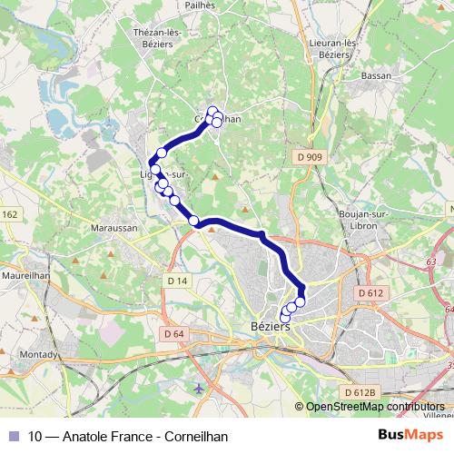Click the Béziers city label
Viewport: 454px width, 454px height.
(x=269, y=327)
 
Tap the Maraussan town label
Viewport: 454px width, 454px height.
(x=113, y=228)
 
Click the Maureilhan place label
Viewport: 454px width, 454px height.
(x=29, y=271)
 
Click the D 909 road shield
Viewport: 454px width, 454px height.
(x=311, y=157)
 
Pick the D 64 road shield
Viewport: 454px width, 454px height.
(x=173, y=334)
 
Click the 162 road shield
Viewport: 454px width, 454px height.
(x=9, y=214)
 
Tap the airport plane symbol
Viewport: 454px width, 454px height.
(x=199, y=389)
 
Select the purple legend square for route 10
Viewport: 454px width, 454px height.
(x=14, y=436)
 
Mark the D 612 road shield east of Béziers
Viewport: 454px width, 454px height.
(x=370, y=293)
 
